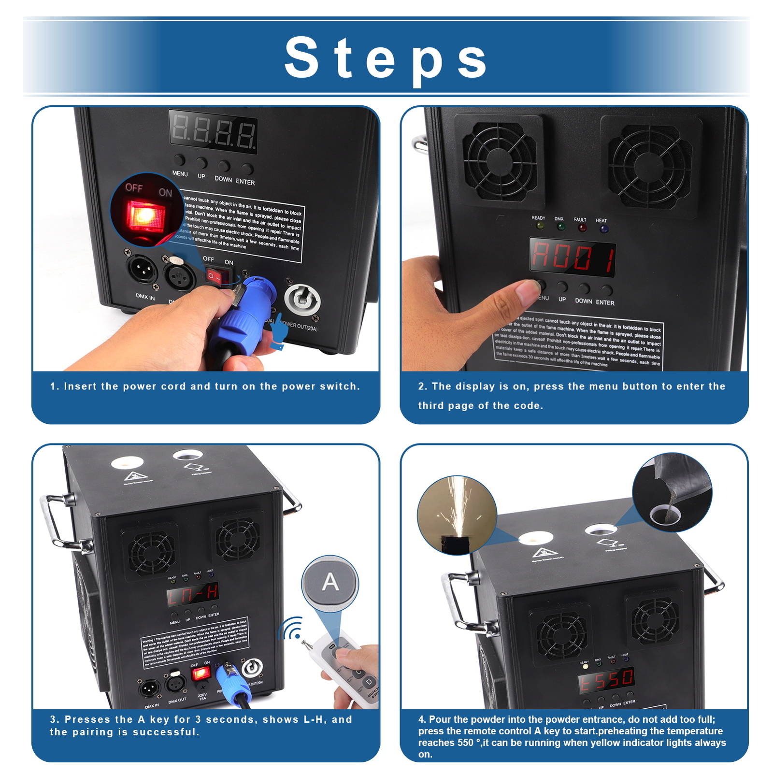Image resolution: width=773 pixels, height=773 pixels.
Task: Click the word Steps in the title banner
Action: (x=386, y=58)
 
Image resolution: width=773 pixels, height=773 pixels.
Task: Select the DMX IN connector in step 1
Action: (x=142, y=269)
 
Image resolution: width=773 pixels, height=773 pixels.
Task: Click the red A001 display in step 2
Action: (x=572, y=257)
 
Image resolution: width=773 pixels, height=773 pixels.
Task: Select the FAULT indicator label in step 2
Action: (x=580, y=220)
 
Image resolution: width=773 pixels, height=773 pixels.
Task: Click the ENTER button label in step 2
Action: (x=605, y=303)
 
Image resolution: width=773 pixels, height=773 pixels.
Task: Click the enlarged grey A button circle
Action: (x=330, y=582)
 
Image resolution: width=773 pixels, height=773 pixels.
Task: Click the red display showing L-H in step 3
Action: (x=193, y=595)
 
